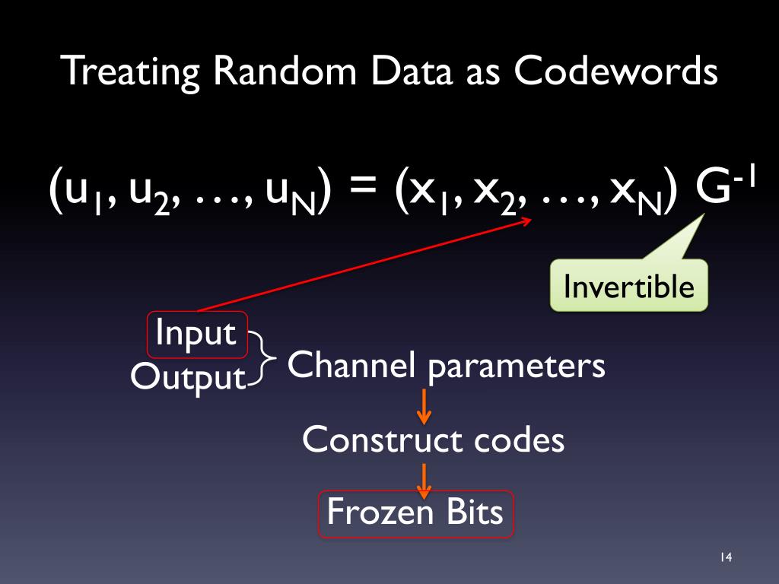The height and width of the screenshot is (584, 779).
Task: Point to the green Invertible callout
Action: click(628, 286)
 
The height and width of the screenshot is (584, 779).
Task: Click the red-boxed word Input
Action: click(196, 334)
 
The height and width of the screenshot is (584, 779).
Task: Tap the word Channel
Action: click(351, 366)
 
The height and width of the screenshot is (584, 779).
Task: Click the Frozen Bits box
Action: click(415, 513)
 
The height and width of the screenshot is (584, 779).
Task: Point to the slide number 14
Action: click(724, 559)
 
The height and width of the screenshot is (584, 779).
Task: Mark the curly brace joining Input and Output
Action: click(264, 357)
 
